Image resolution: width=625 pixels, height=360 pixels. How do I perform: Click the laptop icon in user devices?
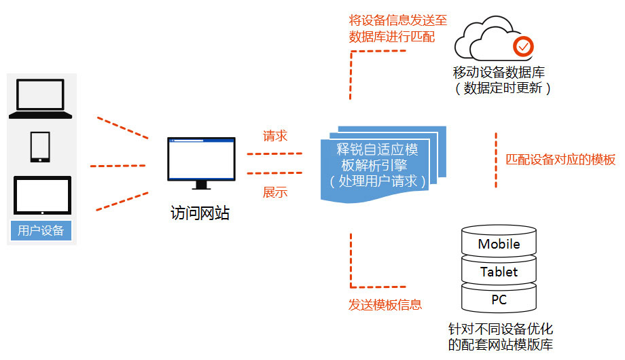(x=40, y=98)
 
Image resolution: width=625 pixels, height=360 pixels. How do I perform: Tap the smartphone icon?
(x=40, y=146)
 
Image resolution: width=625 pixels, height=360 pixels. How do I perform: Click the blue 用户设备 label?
(x=41, y=230)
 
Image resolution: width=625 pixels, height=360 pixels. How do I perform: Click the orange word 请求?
(x=275, y=136)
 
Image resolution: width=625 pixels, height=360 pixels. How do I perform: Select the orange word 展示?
(x=275, y=192)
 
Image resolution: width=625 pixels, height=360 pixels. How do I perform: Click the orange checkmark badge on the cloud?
(x=523, y=46)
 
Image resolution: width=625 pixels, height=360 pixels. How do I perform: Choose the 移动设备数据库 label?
(x=499, y=72)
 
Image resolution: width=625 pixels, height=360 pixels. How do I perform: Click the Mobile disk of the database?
(x=499, y=244)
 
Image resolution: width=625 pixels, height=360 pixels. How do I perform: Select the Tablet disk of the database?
(x=499, y=272)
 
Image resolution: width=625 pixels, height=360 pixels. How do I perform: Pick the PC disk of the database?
(x=499, y=300)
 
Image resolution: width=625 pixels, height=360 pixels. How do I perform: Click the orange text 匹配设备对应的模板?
(x=561, y=160)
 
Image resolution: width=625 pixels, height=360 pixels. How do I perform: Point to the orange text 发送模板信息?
(x=385, y=304)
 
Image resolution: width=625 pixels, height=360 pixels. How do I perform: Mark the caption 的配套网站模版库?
(x=501, y=344)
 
